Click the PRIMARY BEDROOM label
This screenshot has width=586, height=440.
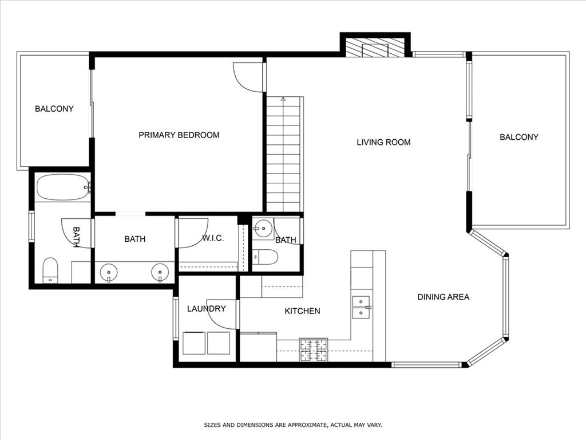179,135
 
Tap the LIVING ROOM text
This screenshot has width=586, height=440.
383,142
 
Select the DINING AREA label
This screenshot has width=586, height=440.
444,297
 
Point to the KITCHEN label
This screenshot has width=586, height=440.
302,311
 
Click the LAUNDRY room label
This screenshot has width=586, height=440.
206,309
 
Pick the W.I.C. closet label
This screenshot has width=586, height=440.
213,238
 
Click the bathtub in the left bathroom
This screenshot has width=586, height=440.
64,187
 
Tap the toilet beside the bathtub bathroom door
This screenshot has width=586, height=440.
50,270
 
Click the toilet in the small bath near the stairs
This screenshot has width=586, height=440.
266,257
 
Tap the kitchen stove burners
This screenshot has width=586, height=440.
314,350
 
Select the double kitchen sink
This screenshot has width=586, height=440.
361,307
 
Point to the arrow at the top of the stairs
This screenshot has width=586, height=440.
283,100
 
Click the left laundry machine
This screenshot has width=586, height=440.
194,343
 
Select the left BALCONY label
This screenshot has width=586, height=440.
54,109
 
